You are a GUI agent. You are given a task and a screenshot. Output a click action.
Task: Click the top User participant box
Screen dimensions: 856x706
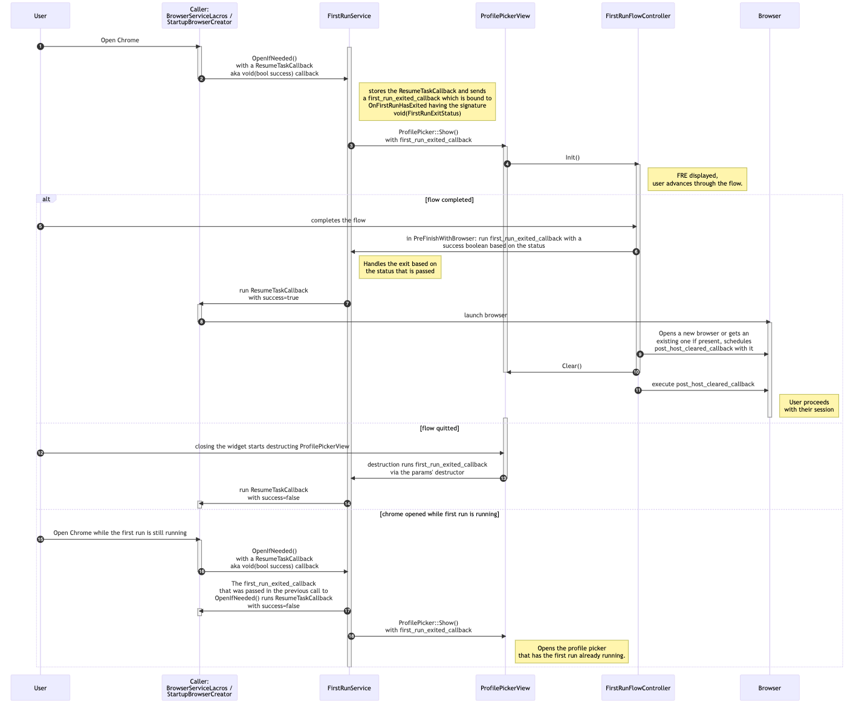(40, 16)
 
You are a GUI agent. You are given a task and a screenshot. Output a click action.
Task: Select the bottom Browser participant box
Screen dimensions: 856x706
(769, 687)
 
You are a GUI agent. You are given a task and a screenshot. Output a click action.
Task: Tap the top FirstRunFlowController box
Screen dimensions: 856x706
(638, 16)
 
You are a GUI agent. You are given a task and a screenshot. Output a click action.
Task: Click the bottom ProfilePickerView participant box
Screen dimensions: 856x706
(505, 687)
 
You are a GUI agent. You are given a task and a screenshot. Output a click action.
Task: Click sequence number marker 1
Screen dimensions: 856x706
(40, 47)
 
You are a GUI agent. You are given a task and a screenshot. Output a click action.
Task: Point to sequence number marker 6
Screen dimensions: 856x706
(636, 251)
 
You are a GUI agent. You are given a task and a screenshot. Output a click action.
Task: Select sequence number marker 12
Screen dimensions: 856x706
(40, 453)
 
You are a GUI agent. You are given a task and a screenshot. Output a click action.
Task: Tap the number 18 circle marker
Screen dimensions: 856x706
(351, 636)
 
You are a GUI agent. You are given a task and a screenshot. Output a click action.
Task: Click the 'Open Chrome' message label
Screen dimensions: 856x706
(120, 40)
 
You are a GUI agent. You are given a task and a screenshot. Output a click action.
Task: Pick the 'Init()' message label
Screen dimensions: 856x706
(572, 157)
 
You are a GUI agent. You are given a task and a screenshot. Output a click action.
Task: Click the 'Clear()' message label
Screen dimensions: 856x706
(571, 366)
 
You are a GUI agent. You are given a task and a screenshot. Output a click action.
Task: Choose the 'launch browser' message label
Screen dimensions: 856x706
(485, 316)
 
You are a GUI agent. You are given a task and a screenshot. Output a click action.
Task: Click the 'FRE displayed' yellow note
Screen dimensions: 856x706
(697, 179)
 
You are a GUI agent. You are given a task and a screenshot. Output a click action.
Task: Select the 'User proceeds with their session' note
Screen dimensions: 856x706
(808, 406)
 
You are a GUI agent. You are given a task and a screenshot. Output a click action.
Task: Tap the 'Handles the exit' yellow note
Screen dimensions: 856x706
(400, 267)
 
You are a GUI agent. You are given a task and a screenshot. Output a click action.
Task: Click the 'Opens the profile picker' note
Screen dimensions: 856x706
(571, 652)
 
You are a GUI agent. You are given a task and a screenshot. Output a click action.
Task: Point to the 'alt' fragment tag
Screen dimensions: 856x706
(46, 199)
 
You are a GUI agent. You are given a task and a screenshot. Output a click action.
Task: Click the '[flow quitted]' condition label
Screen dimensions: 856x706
(439, 428)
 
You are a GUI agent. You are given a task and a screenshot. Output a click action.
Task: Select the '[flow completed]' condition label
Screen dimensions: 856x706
(449, 199)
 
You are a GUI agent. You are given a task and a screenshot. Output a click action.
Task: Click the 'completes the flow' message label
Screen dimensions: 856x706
(338, 220)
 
